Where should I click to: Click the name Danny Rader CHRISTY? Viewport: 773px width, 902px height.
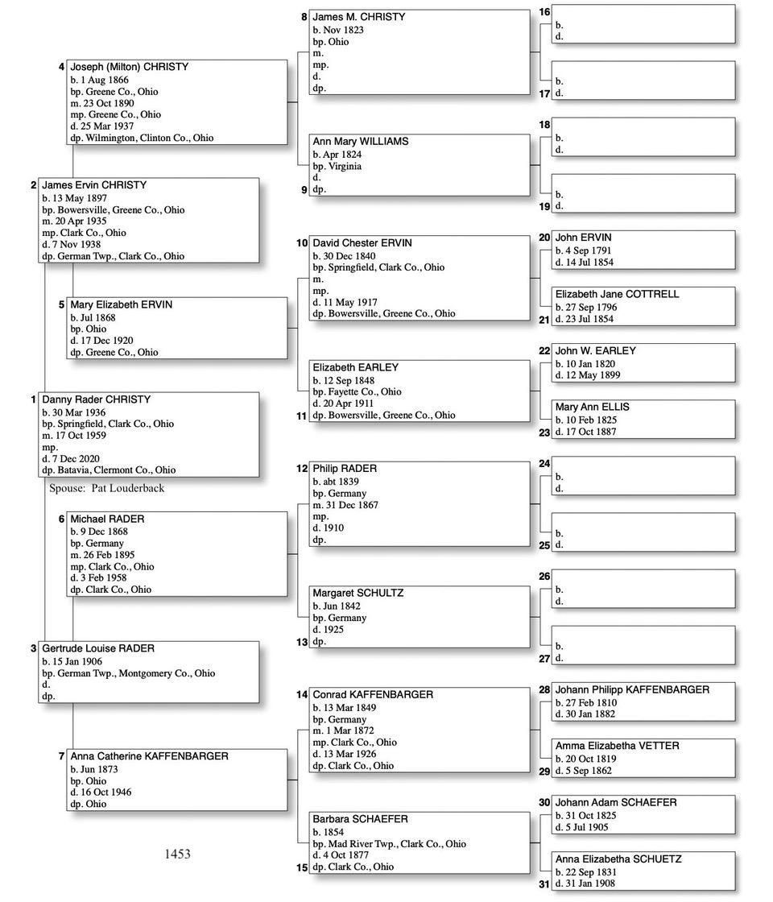(x=96, y=399)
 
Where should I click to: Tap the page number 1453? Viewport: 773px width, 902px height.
(x=177, y=854)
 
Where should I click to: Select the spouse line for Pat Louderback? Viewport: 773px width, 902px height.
(x=106, y=488)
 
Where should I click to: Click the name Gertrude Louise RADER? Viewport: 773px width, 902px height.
(x=98, y=648)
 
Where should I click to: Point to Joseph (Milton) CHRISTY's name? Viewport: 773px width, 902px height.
(x=129, y=67)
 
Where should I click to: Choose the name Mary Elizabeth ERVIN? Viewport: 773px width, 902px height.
(x=121, y=304)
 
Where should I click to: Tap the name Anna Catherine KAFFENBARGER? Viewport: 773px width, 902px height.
(x=149, y=756)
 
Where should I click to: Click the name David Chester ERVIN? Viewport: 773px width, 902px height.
(x=363, y=242)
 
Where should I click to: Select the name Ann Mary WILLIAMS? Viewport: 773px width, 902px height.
(x=360, y=141)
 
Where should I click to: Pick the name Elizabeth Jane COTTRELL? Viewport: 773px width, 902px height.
(x=617, y=294)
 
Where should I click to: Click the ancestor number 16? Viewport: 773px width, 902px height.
(x=544, y=12)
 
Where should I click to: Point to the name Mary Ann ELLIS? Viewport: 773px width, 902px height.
(x=592, y=407)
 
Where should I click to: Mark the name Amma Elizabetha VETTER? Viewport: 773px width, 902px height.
(x=617, y=746)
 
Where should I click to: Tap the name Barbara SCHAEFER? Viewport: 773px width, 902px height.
(x=360, y=819)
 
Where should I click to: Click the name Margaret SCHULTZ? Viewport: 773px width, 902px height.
(x=358, y=593)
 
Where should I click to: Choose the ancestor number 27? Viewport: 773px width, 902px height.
(x=544, y=658)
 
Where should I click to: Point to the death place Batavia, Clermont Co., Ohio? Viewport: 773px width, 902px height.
(x=116, y=470)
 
